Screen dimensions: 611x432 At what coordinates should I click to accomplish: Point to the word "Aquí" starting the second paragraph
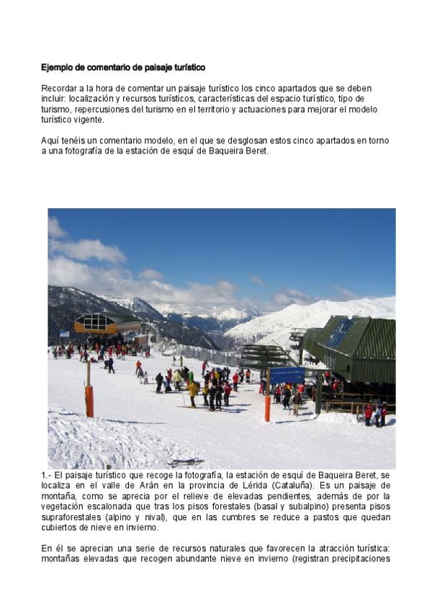click(50, 141)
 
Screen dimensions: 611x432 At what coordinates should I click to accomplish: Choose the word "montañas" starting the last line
click(62, 558)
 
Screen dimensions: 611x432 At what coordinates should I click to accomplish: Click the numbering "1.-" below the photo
click(47, 476)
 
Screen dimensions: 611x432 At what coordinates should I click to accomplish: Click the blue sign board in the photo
click(287, 375)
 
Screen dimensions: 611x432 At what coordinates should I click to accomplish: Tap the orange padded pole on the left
click(89, 401)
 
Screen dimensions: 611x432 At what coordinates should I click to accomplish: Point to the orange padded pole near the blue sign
click(268, 408)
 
